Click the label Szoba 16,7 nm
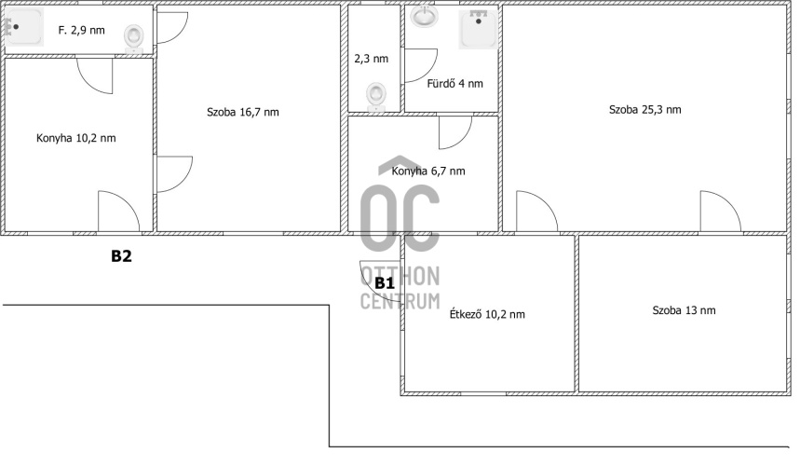pyautogui.click(x=243, y=112)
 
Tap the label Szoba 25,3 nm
pyautogui.click(x=644, y=110)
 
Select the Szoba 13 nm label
pyautogui.click(x=684, y=310)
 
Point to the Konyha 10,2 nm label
pyautogui.click(x=76, y=138)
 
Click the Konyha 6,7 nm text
pyautogui.click(x=428, y=171)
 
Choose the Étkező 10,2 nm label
pyautogui.click(x=487, y=314)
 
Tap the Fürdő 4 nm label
pyautogui.click(x=454, y=84)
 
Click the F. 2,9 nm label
pyautogui.click(x=82, y=31)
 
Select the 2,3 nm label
pyautogui.click(x=372, y=59)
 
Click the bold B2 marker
pyautogui.click(x=121, y=255)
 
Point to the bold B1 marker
pyautogui.click(x=385, y=283)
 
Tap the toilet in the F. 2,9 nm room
pyautogui.click(x=134, y=39)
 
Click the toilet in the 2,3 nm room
pyautogui.click(x=376, y=97)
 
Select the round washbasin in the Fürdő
pyautogui.click(x=425, y=16)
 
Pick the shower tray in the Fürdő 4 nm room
pyautogui.click(x=478, y=30)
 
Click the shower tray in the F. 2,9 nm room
pyautogui.click(x=24, y=26)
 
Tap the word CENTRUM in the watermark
pyautogui.click(x=400, y=301)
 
